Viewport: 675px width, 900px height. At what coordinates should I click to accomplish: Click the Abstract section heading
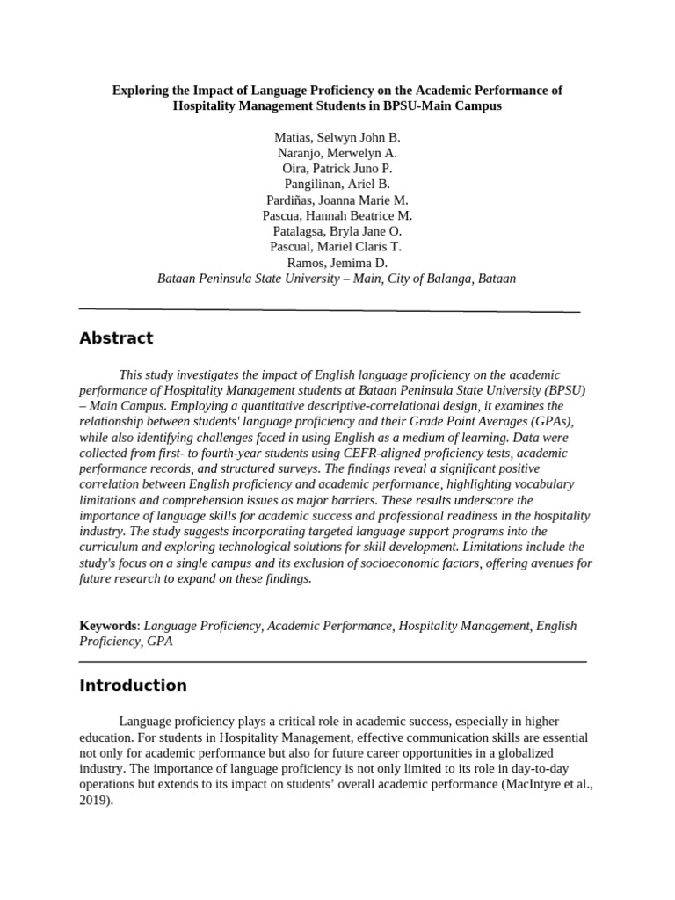coord(116,338)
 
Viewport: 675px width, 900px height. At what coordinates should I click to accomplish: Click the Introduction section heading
coord(133,686)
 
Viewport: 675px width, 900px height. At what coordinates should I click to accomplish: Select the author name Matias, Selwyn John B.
coord(337,138)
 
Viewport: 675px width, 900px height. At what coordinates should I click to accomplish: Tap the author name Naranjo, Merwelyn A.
coord(337,152)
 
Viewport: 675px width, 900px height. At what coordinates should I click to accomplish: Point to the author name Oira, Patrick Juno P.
coord(337,168)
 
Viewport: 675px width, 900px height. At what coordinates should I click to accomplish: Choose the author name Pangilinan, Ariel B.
coord(337,184)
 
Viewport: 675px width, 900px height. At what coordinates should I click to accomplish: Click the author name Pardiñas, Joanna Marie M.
coord(337,200)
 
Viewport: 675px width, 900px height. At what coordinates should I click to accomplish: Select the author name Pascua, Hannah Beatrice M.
coord(337,215)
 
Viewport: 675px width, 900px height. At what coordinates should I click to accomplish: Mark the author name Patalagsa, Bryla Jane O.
coord(337,231)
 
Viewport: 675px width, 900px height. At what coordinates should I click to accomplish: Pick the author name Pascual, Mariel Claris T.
coord(337,247)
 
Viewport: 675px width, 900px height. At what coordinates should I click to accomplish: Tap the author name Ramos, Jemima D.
coord(337,263)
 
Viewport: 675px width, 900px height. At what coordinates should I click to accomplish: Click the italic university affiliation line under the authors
coord(337,279)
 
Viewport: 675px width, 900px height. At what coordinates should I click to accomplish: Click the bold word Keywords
coord(108,626)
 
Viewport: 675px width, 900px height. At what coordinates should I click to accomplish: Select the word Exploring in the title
coord(142,90)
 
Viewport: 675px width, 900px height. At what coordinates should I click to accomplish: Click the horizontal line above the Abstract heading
coord(330,310)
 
